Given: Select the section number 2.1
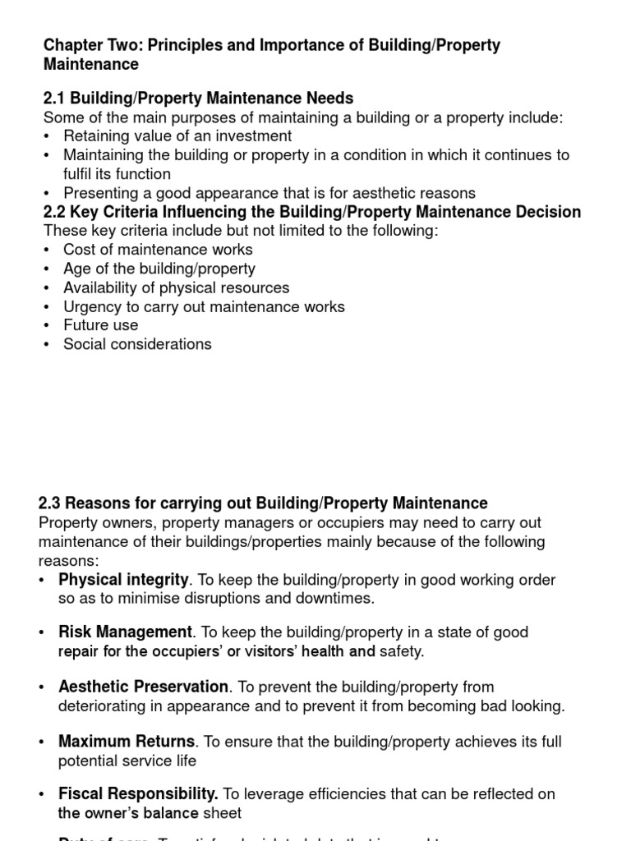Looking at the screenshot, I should click(x=54, y=99).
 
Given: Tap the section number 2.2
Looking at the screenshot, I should click(x=54, y=212).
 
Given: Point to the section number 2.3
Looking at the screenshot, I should click(x=50, y=503).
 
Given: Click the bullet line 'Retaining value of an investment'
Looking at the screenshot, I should click(x=177, y=136).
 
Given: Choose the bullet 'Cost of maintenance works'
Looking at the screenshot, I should click(x=158, y=250).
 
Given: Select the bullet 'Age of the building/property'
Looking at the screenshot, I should click(x=159, y=269).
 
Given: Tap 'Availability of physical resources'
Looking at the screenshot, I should click(x=176, y=287).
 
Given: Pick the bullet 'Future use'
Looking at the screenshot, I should click(x=101, y=325).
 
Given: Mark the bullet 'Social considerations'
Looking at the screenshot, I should click(x=137, y=344).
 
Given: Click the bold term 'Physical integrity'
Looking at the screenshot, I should click(x=123, y=580).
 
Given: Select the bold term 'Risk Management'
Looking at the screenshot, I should click(x=125, y=632).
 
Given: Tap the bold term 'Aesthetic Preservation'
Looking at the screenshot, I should click(x=144, y=687).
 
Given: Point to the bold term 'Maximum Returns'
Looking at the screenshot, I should click(x=127, y=742).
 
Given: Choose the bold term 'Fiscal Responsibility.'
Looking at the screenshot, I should click(x=138, y=794).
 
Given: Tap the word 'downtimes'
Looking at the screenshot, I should click(x=339, y=599).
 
